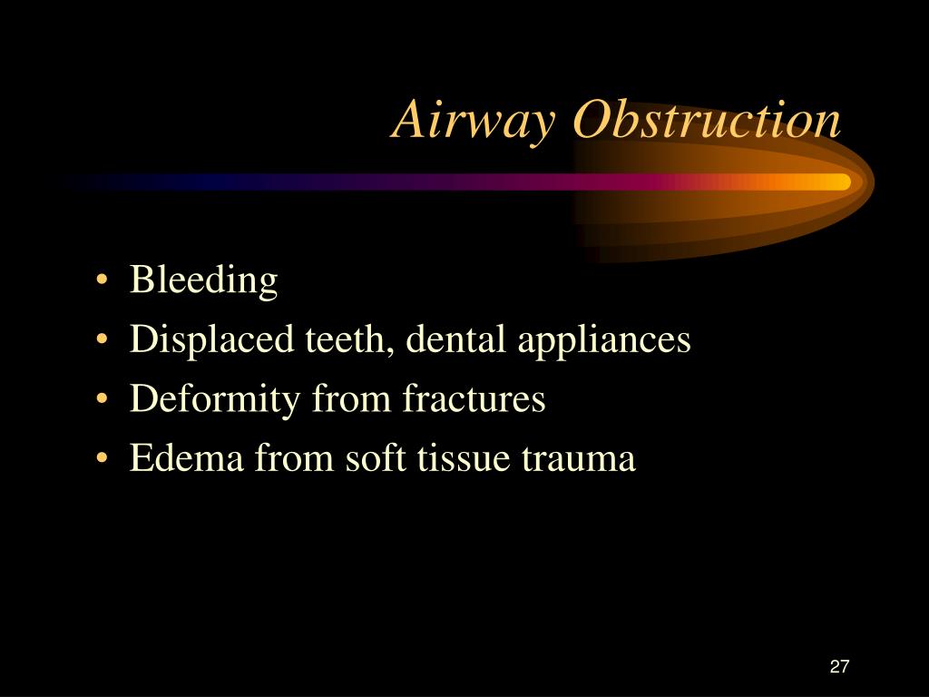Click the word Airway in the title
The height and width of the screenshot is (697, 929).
[x=474, y=122]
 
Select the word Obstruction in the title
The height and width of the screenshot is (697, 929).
[x=708, y=119]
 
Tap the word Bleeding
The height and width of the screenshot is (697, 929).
[x=203, y=280]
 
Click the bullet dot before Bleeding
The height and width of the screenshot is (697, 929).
[x=102, y=280]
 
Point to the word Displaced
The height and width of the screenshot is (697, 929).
[x=211, y=340]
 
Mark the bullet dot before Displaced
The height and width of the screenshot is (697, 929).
[x=102, y=339]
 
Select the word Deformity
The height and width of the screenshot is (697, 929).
[x=214, y=399]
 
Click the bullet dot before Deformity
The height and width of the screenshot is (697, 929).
[x=102, y=398]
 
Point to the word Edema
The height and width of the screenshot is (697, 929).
[x=186, y=457]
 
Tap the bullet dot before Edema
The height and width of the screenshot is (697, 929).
[x=102, y=458]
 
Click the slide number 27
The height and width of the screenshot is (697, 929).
[x=839, y=667]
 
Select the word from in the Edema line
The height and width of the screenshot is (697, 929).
[x=295, y=457]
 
